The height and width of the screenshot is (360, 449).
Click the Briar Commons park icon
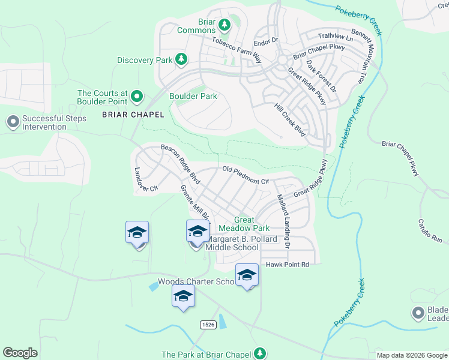pyautogui.click(x=224, y=25)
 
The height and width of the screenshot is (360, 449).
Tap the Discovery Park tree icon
pyautogui.click(x=180, y=59)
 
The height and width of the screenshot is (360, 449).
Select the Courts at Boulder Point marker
pyautogui.click(x=137, y=95)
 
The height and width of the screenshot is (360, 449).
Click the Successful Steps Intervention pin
pyautogui.click(x=13, y=122)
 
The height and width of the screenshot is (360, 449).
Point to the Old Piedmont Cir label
pyautogui.click(x=246, y=175)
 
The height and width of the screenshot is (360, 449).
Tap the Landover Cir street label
pyautogui.click(x=145, y=179)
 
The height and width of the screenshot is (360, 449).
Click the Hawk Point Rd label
pyautogui.click(x=287, y=264)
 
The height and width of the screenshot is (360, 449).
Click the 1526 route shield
pyautogui.click(x=208, y=324)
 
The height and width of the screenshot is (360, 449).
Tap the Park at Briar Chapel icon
pyautogui.click(x=259, y=353)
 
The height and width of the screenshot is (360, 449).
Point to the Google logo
pyautogui.click(x=20, y=353)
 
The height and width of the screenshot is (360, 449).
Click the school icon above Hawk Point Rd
pyautogui.click(x=247, y=275)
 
